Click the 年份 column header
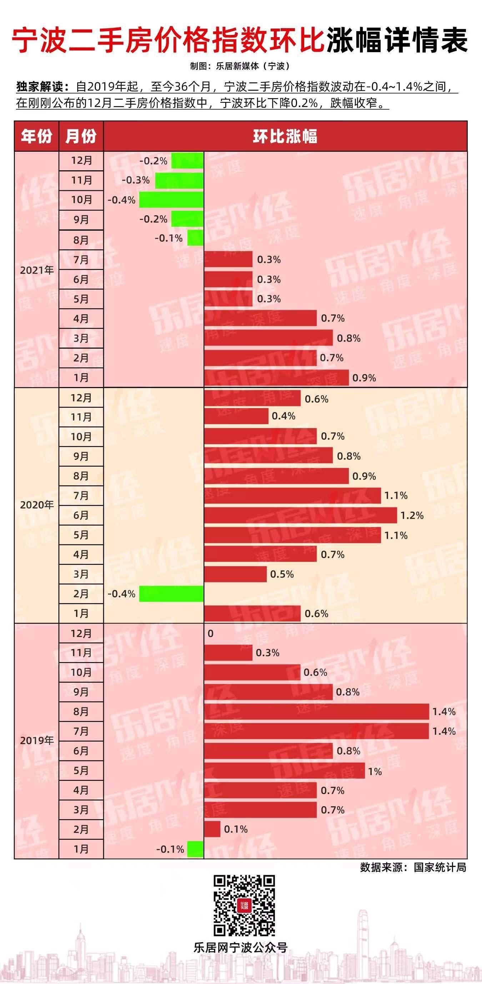tap(36, 136)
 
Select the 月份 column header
tap(81, 136)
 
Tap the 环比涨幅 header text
tap(285, 136)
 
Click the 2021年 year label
tap(37, 270)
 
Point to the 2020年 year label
tap(37, 505)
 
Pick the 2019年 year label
tap(37, 740)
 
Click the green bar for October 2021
tap(171, 200)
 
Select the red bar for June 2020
tap(300, 515)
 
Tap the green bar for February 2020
tap(171, 594)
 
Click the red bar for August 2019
tap(316, 712)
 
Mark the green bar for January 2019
tap(195, 849)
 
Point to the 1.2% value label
tap(412, 515)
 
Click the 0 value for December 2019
tap(210, 633)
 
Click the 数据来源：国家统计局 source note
tap(413, 867)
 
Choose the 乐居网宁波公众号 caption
tap(240, 947)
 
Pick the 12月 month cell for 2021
tap(81, 160)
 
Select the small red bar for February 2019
tap(212, 829)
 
